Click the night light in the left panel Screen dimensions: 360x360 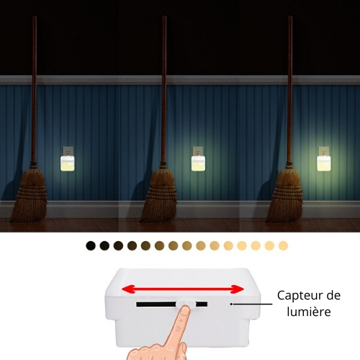tap(68, 163)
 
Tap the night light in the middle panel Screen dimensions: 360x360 tap(198, 163)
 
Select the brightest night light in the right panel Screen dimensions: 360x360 tap(324, 163)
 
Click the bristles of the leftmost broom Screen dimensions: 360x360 tap(30, 194)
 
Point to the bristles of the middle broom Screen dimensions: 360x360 tap(160, 194)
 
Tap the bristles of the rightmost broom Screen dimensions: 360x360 tap(286, 194)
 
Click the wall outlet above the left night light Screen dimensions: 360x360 tap(68, 151)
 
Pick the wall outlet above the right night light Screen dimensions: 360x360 tap(324, 151)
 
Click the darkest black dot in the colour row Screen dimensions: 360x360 tap(91, 246)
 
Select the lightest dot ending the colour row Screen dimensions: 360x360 tap(283, 246)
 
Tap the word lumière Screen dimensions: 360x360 tap(309, 312)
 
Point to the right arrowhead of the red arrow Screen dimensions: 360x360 tap(238, 289)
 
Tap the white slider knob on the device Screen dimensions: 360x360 tap(186, 304)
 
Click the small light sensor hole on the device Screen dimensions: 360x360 tap(231, 304)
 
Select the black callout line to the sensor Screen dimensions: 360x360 tap(253, 304)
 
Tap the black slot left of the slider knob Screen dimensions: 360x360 tap(156, 305)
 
